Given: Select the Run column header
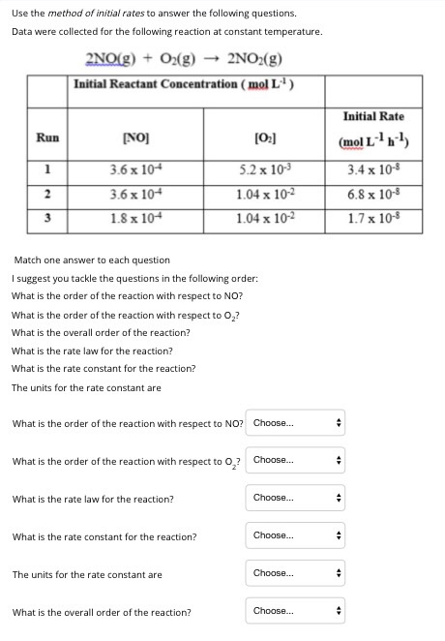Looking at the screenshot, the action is (x=47, y=137).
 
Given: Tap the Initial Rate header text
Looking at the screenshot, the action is (x=372, y=116).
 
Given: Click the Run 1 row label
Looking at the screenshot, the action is (x=47, y=168).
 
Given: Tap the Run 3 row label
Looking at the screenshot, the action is (x=47, y=216).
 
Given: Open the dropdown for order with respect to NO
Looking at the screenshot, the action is (x=296, y=423).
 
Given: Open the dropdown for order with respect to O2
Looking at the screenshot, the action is (x=296, y=460).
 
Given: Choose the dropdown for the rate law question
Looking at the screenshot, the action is (x=296, y=498).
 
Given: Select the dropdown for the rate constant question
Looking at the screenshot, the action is (x=296, y=535).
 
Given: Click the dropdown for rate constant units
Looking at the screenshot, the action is (x=296, y=573).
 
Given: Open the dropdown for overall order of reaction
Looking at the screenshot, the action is (x=296, y=611).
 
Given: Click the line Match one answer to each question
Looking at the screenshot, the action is (x=91, y=259).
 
